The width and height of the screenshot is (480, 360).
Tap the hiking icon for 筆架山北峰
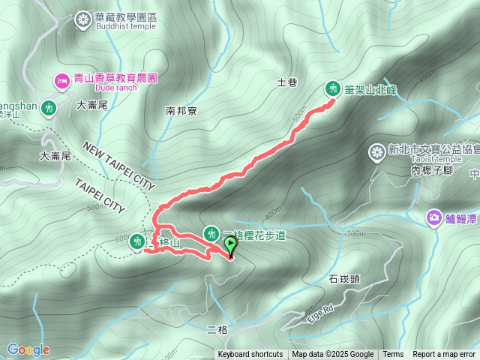(332, 88)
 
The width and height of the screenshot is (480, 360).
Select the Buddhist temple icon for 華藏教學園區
(82, 20)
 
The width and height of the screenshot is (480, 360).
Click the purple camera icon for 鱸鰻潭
(433, 218)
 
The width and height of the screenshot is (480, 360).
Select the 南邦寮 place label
(181, 111)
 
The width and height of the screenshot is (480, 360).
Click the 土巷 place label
(287, 82)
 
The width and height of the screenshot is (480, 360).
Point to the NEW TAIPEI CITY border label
(118, 165)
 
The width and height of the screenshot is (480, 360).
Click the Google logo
(28, 349)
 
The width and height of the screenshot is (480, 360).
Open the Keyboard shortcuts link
(250, 355)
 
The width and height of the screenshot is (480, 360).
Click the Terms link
(392, 355)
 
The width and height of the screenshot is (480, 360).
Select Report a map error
(444, 355)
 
